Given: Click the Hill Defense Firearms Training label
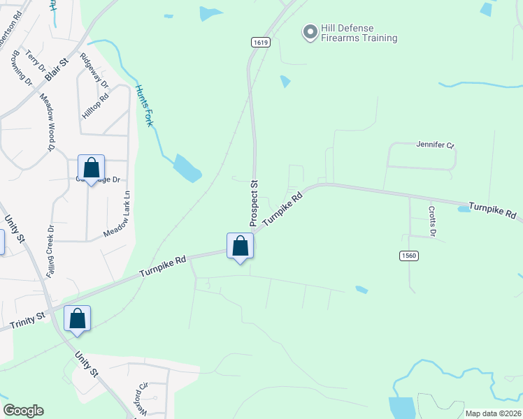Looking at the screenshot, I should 359,33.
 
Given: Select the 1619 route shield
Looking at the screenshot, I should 260,43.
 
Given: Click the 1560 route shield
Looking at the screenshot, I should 409,256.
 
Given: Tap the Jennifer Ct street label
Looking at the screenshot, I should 436,145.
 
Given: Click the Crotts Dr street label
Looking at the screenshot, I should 432,223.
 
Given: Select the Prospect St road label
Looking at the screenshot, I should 255,203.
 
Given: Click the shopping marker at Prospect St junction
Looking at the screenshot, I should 240,247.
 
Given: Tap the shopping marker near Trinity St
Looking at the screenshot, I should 77,318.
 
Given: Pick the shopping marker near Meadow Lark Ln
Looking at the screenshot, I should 91,168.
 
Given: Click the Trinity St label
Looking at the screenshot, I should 28,321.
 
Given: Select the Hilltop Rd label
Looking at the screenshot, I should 96,106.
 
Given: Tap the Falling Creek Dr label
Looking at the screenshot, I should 50,252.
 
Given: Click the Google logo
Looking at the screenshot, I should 23,411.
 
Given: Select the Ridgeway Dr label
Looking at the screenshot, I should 94,71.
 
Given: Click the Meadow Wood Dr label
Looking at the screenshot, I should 46,122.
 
